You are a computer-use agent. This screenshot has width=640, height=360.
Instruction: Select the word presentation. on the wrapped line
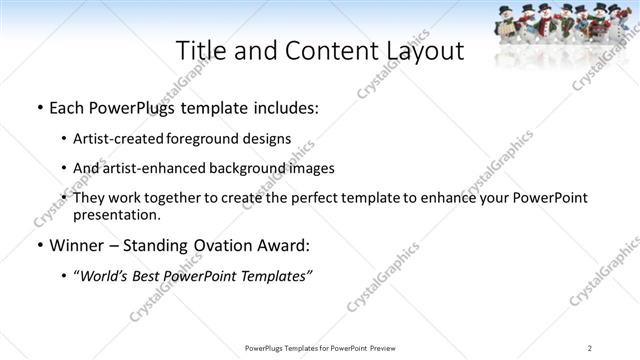(x=117, y=214)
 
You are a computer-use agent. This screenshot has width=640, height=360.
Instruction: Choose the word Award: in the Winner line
(x=287, y=244)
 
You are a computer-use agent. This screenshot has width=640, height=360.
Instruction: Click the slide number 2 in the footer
(x=590, y=347)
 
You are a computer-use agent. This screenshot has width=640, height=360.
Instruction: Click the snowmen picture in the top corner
(x=565, y=22)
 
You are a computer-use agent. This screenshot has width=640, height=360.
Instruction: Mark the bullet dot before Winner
(x=38, y=245)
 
